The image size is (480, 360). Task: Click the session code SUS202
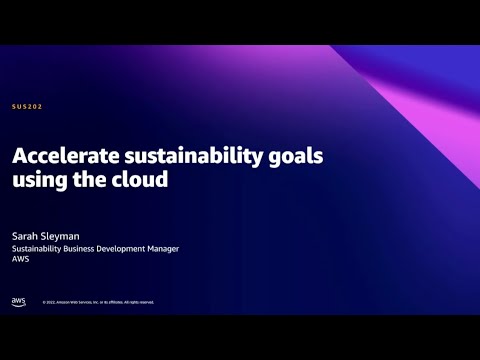[x=27, y=106]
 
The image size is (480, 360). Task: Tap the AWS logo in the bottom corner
[x=18, y=301]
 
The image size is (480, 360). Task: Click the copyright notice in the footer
[x=98, y=302]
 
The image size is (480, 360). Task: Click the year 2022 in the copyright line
[x=51, y=302]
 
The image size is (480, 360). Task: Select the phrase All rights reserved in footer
[x=138, y=302]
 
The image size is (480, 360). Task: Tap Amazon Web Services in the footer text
[x=76, y=302]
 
